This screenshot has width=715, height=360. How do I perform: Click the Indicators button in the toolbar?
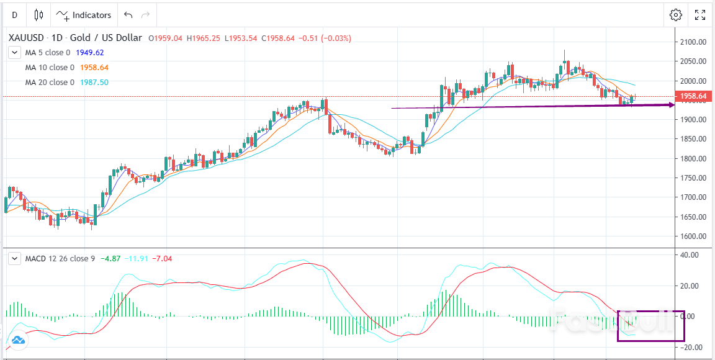[x=84, y=15]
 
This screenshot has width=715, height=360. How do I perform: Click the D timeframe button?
[x=14, y=15]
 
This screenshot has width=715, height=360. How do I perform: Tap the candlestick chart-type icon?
[x=38, y=15]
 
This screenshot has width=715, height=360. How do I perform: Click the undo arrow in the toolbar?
[x=128, y=15]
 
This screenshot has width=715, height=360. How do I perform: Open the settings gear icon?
[x=676, y=15]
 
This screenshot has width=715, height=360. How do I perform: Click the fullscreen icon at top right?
[x=700, y=15]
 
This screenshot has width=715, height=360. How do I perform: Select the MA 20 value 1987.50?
[x=94, y=83]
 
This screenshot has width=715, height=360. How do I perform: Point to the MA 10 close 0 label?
[x=50, y=68]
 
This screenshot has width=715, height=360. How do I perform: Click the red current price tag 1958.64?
[x=694, y=96]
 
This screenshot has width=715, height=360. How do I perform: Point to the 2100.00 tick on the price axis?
[x=693, y=42]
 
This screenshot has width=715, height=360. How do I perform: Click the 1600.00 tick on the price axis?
[x=693, y=236]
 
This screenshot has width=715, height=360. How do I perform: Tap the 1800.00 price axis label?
[x=693, y=159]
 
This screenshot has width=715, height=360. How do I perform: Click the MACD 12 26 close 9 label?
[x=60, y=258]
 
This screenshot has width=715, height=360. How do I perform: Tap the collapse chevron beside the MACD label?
[x=15, y=258]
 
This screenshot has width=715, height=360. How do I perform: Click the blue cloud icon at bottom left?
[x=17, y=340]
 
